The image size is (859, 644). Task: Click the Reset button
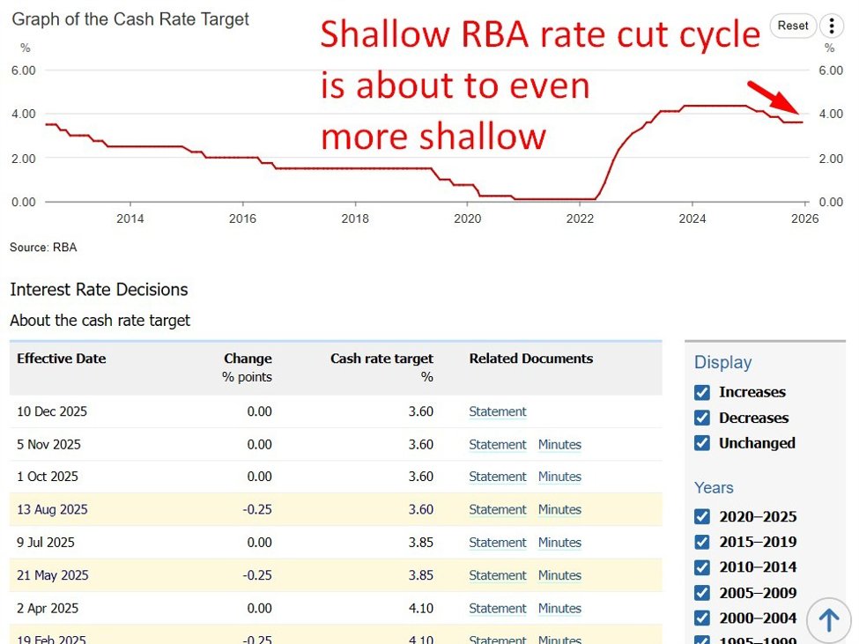click(x=792, y=26)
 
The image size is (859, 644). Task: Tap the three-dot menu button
click(x=831, y=26)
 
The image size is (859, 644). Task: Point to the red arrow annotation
click(x=774, y=97)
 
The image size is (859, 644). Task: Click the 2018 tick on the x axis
click(x=355, y=218)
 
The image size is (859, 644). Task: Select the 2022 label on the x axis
click(x=580, y=218)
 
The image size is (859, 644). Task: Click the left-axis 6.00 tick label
click(x=23, y=70)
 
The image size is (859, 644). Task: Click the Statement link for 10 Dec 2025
click(x=497, y=411)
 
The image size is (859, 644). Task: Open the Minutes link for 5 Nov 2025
click(x=559, y=445)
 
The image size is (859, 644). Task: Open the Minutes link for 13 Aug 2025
click(x=559, y=509)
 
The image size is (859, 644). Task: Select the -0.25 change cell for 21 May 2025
click(x=258, y=575)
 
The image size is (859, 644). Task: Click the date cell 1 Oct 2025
click(x=48, y=477)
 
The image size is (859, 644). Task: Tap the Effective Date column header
click(x=61, y=359)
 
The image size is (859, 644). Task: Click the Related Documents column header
click(x=530, y=359)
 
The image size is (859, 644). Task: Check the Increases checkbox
click(x=702, y=392)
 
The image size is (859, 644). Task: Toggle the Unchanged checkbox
click(x=702, y=443)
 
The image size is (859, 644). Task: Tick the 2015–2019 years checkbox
click(x=702, y=542)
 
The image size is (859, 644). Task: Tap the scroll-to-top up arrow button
click(x=828, y=620)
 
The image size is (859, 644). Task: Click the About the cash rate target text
click(x=100, y=321)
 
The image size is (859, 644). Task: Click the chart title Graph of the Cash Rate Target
click(x=130, y=19)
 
